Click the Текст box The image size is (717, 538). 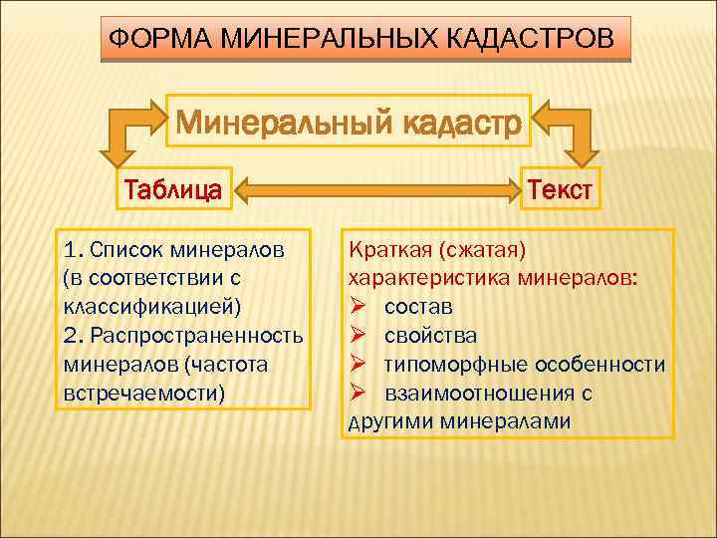pyautogui.click(x=561, y=187)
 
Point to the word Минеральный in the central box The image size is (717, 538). pyautogui.click(x=281, y=125)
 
